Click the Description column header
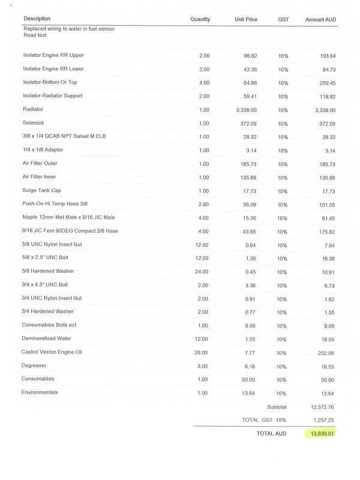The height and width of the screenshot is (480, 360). (x=37, y=19)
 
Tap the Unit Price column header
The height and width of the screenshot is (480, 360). (x=245, y=20)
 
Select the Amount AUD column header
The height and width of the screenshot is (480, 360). (x=320, y=20)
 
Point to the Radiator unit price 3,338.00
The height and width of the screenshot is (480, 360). (x=246, y=110)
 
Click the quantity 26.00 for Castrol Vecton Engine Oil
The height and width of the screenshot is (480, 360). (x=202, y=352)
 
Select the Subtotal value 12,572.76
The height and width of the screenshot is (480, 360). (x=323, y=407)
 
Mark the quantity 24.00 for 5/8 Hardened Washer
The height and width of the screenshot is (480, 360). (x=202, y=272)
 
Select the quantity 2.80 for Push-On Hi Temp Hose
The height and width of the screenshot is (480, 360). (x=203, y=205)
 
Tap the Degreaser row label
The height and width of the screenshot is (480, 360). (x=34, y=365)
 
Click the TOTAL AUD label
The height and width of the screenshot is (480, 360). (x=272, y=433)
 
